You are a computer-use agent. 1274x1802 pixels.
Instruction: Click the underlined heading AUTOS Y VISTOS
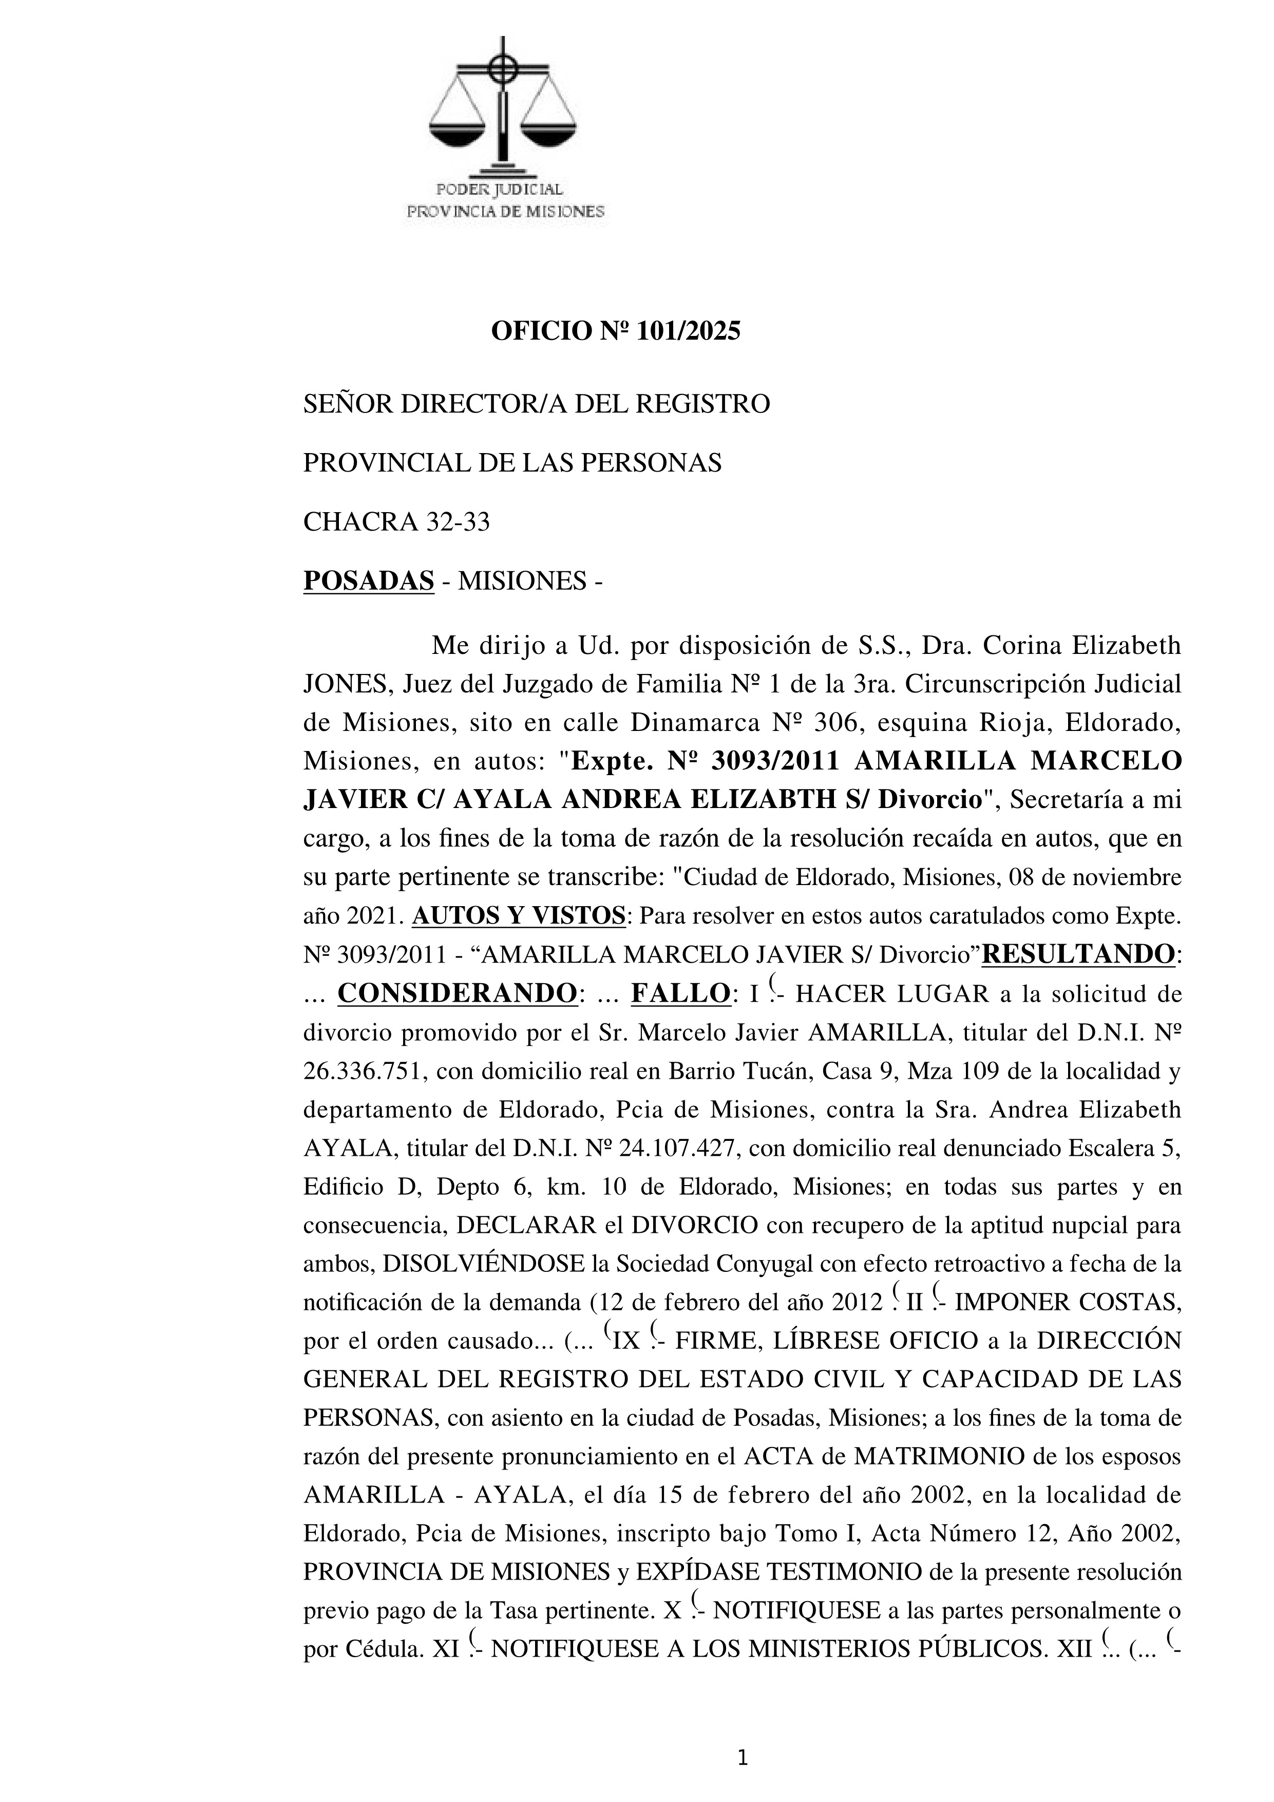click(x=518, y=916)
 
